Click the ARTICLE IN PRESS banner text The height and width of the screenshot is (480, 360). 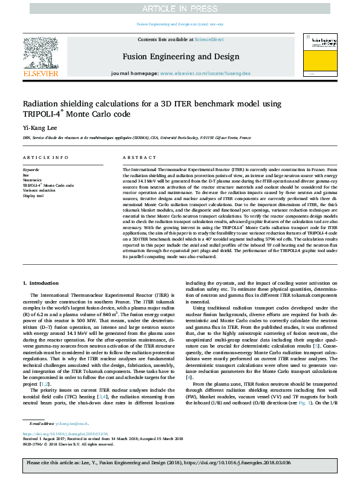pyautogui.click(x=180, y=8)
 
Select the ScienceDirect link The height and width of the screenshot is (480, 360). pyautogui.click(x=209, y=39)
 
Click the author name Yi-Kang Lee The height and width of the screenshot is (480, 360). pyautogui.click(x=37, y=128)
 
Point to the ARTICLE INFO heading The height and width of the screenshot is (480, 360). pyautogui.click(x=45, y=157)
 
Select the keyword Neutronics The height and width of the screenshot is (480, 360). pyautogui.click(x=32, y=180)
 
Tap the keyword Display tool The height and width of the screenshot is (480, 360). pyautogui.click(x=33, y=195)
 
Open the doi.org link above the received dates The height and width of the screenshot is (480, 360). pyautogui.click(x=65, y=417)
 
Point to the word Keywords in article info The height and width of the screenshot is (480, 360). pyautogui.click(x=30, y=170)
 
